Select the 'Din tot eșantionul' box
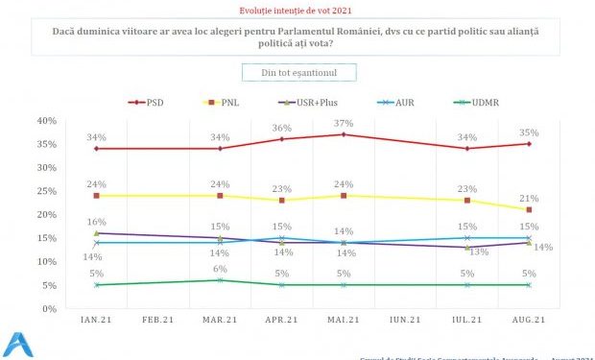pos(297,72)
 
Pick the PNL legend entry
pos(226,101)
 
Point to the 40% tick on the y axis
pos(47,121)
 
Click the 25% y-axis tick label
pos(47,191)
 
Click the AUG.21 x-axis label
pos(528,320)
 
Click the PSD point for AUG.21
pos(529,144)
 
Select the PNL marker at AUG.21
pos(529,209)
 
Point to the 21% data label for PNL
pos(529,198)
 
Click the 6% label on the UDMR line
pos(220,269)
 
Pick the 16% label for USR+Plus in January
pos(97,221)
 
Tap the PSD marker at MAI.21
pos(344,134)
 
